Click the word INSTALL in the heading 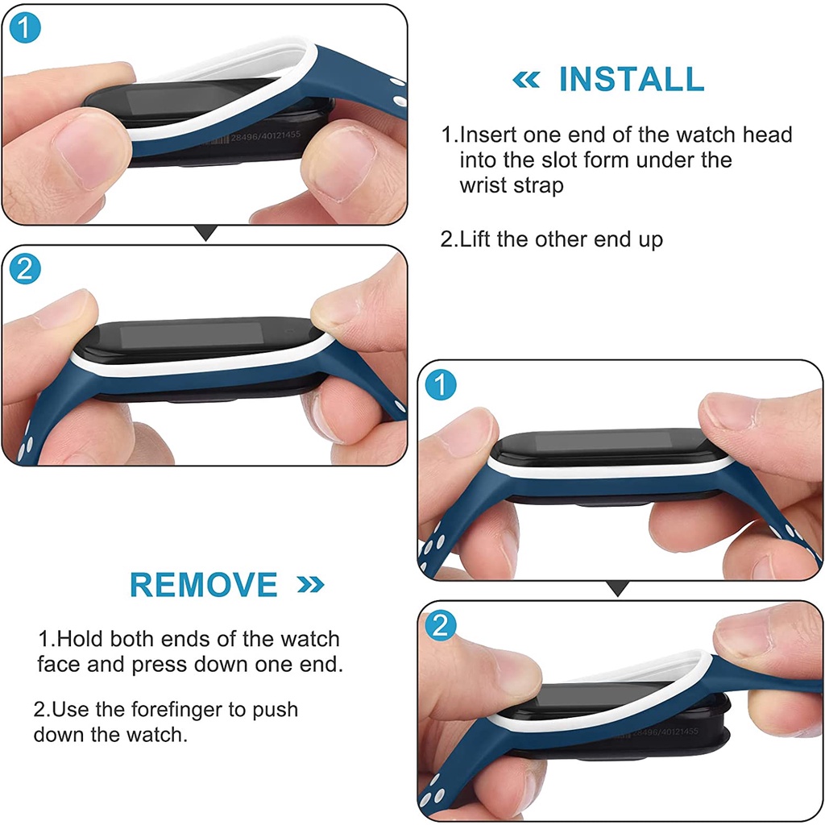click(632, 79)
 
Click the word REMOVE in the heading click(204, 585)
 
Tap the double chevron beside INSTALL click(526, 80)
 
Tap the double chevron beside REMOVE click(310, 585)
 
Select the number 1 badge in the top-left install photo click(25, 28)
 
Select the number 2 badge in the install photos click(25, 269)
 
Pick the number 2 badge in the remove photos click(441, 625)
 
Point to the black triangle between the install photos click(205, 232)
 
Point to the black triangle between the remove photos click(618, 588)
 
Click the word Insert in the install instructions click(488, 135)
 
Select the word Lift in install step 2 click(475, 239)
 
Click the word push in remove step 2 click(275, 711)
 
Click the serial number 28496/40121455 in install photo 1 click(265, 136)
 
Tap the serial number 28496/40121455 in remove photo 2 click(665, 732)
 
